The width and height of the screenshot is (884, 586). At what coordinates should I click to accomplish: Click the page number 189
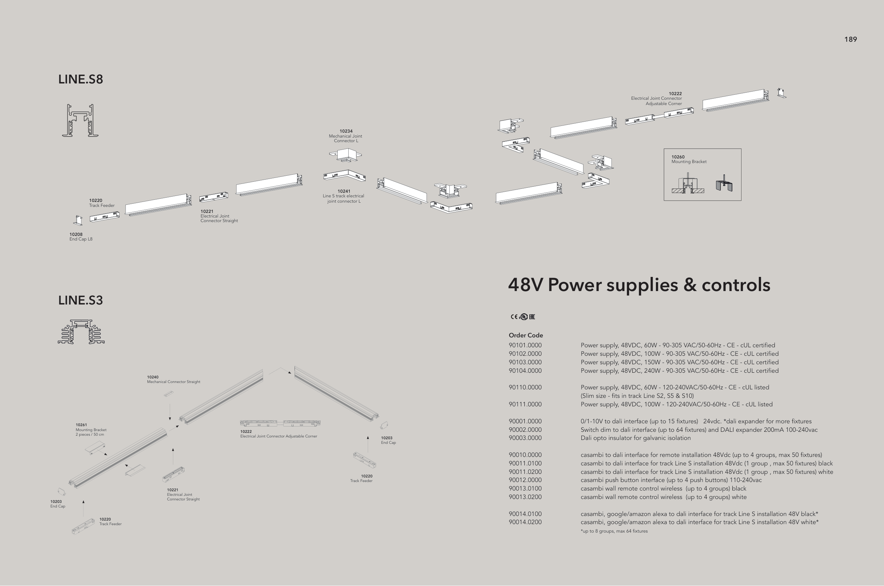850,40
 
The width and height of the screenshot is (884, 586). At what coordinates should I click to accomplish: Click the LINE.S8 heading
80,79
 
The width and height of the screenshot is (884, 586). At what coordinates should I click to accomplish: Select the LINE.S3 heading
80,300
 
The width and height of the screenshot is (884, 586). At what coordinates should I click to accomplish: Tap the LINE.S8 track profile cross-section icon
80,120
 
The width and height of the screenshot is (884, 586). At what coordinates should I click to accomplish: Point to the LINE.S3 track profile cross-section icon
81,331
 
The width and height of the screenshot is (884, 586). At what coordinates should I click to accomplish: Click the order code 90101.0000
525,345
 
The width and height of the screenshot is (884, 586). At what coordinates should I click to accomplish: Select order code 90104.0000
525,371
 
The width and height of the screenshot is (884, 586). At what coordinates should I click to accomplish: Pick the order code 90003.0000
525,438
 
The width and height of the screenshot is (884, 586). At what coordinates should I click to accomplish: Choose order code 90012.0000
525,480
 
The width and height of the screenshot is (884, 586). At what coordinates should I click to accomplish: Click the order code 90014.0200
525,522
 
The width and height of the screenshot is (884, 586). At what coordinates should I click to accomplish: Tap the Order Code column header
526,335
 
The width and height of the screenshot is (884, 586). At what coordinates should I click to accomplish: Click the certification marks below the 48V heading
523,317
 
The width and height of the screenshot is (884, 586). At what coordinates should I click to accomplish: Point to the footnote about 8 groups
614,531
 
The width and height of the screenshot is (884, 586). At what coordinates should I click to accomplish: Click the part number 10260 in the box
678,157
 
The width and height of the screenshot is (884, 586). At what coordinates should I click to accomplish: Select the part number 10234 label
346,131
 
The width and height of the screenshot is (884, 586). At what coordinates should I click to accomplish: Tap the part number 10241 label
344,191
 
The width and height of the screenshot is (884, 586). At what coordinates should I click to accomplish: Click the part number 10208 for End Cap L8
76,234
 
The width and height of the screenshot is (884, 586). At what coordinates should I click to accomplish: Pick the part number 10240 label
152,377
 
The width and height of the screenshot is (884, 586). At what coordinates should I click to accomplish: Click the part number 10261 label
81,425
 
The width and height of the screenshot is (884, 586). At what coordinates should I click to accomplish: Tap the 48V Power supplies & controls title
639,285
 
